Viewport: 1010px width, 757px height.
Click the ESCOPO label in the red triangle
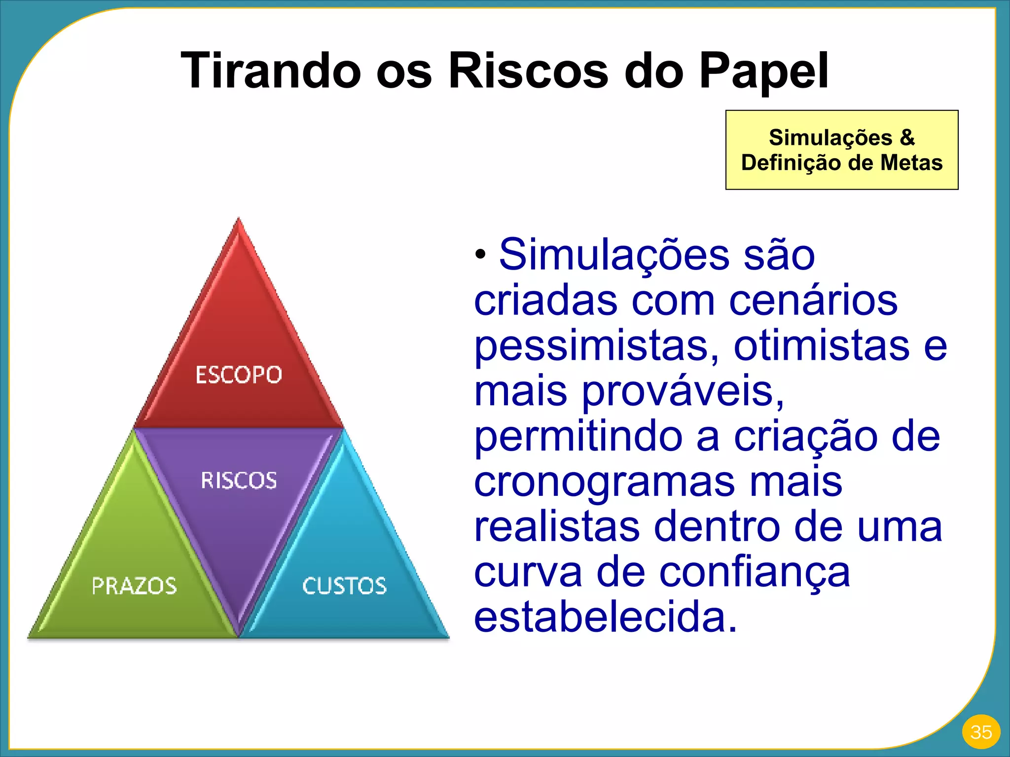239,375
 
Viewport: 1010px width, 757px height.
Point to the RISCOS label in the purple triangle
239,481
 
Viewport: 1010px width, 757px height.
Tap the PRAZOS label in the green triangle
134,586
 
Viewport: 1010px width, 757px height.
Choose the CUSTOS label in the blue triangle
344,586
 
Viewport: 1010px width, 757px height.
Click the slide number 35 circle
981,732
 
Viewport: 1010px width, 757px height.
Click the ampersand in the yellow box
907,138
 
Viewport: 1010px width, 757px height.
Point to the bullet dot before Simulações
481,255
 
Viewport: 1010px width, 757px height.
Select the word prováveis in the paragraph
683,392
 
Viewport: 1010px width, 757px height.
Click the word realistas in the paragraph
557,527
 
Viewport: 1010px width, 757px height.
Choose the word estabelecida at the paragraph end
605,618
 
